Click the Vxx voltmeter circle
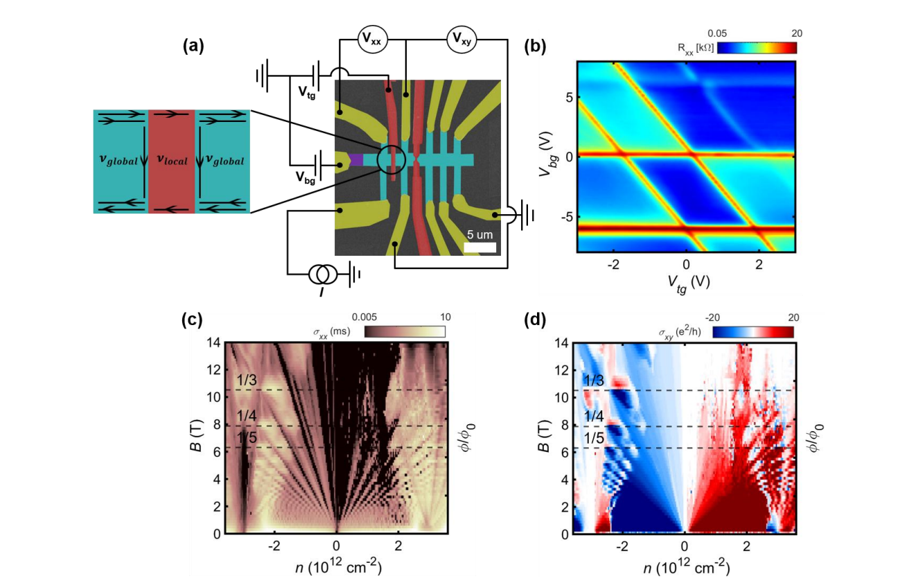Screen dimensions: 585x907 coord(372,40)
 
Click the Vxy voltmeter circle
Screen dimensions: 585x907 coord(460,40)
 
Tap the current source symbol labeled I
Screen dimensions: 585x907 coord(323,275)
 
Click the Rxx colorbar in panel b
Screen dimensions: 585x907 coord(756,47)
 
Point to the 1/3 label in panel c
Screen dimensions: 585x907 coord(246,381)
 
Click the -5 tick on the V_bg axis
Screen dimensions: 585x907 coord(562,216)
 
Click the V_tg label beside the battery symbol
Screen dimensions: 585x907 coord(307,94)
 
